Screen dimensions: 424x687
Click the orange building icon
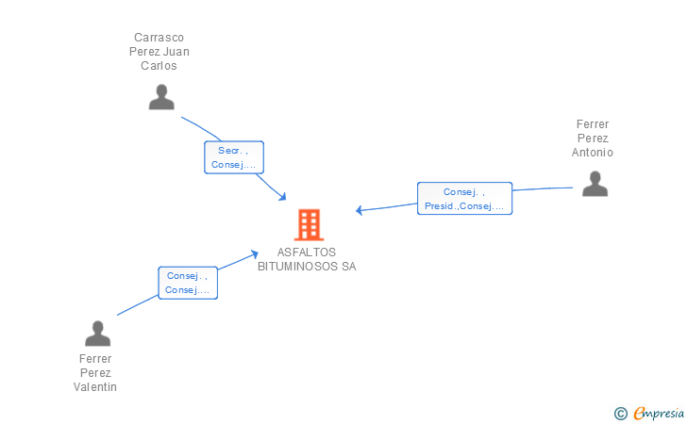(x=309, y=224)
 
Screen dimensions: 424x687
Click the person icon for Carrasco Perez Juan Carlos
(x=161, y=97)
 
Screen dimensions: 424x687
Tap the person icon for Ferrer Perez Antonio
(x=595, y=183)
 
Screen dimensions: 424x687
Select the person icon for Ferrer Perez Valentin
(x=97, y=334)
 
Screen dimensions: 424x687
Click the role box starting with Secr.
(x=233, y=157)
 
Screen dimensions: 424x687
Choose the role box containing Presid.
(x=464, y=199)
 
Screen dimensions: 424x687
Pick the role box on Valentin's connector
(x=188, y=283)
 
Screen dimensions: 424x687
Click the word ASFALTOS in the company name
(x=307, y=253)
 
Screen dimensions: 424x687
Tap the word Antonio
(x=593, y=153)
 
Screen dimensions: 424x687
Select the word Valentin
(x=95, y=387)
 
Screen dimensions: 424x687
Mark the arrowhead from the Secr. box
(x=282, y=196)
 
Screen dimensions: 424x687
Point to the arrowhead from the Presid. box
(x=359, y=210)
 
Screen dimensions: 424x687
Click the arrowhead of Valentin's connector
(x=255, y=253)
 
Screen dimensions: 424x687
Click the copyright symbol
(x=620, y=413)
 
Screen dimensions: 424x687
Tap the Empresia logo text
(x=659, y=413)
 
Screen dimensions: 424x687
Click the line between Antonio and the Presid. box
(x=543, y=189)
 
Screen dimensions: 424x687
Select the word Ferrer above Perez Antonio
(x=593, y=124)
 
